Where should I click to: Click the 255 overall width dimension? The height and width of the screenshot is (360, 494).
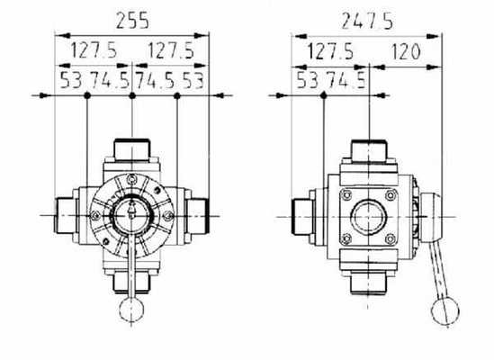[132, 21]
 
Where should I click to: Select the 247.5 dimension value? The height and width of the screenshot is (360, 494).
[367, 22]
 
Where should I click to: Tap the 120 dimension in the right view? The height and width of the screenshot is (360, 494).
[406, 51]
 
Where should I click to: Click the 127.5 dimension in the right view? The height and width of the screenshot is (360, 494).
[330, 51]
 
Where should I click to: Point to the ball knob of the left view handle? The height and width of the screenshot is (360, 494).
[131, 310]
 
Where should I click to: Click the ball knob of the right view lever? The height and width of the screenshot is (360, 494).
[445, 311]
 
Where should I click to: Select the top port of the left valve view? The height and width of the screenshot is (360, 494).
[132, 149]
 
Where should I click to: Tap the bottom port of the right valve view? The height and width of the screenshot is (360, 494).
[368, 283]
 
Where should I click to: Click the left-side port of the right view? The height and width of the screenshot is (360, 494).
[301, 217]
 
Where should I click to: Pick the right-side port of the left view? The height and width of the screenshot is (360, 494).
[198, 216]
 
